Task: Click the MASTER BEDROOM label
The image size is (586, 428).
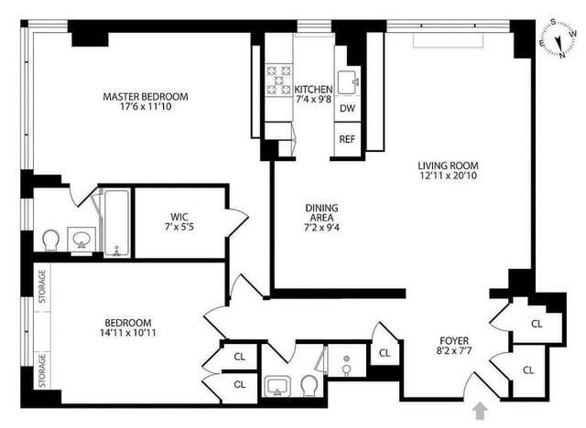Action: point(146,96)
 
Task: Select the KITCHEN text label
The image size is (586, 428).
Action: point(314,89)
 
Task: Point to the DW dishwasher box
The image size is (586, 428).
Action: point(347,109)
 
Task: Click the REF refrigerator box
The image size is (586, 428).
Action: point(347,140)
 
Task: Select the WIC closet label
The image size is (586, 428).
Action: point(175,216)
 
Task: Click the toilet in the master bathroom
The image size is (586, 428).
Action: point(52,241)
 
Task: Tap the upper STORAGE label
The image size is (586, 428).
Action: point(41,291)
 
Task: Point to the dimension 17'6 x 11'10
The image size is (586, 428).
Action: point(146,108)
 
